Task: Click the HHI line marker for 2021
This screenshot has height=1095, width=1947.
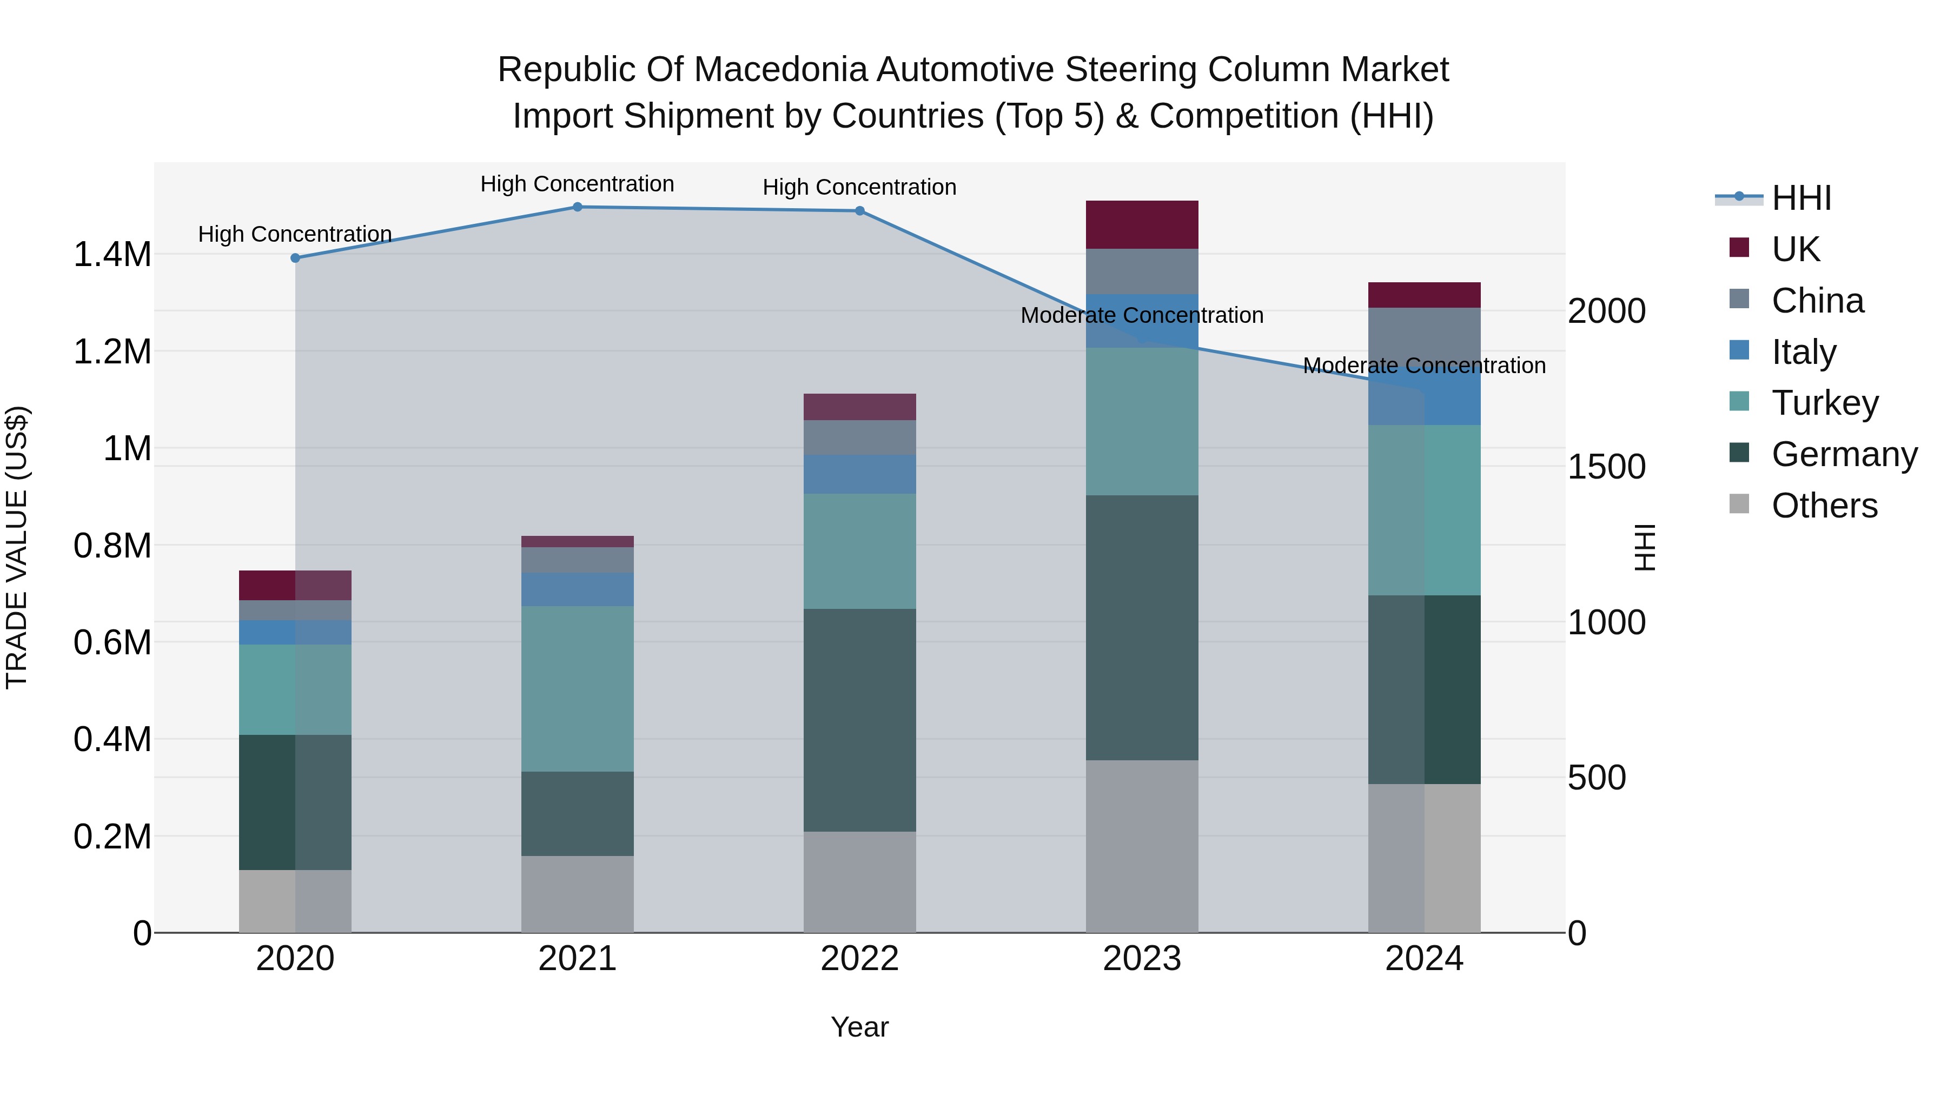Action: [578, 207]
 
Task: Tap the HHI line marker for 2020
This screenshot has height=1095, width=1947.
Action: [295, 258]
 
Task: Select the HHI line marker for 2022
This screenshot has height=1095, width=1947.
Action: [859, 211]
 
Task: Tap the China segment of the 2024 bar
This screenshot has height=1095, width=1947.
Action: [1424, 333]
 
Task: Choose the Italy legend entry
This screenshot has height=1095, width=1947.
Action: [1803, 352]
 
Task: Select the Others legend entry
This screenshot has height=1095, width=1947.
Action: [1823, 506]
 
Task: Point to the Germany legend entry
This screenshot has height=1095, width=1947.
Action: [1843, 454]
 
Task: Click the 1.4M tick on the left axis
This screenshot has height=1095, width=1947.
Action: [112, 255]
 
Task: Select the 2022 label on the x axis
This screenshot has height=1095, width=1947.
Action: [859, 958]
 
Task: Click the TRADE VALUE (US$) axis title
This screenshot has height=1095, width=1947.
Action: [17, 547]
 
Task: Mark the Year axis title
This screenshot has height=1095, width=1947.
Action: [859, 1027]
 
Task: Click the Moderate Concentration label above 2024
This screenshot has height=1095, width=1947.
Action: [1424, 366]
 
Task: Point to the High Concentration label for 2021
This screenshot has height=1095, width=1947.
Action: [578, 184]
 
